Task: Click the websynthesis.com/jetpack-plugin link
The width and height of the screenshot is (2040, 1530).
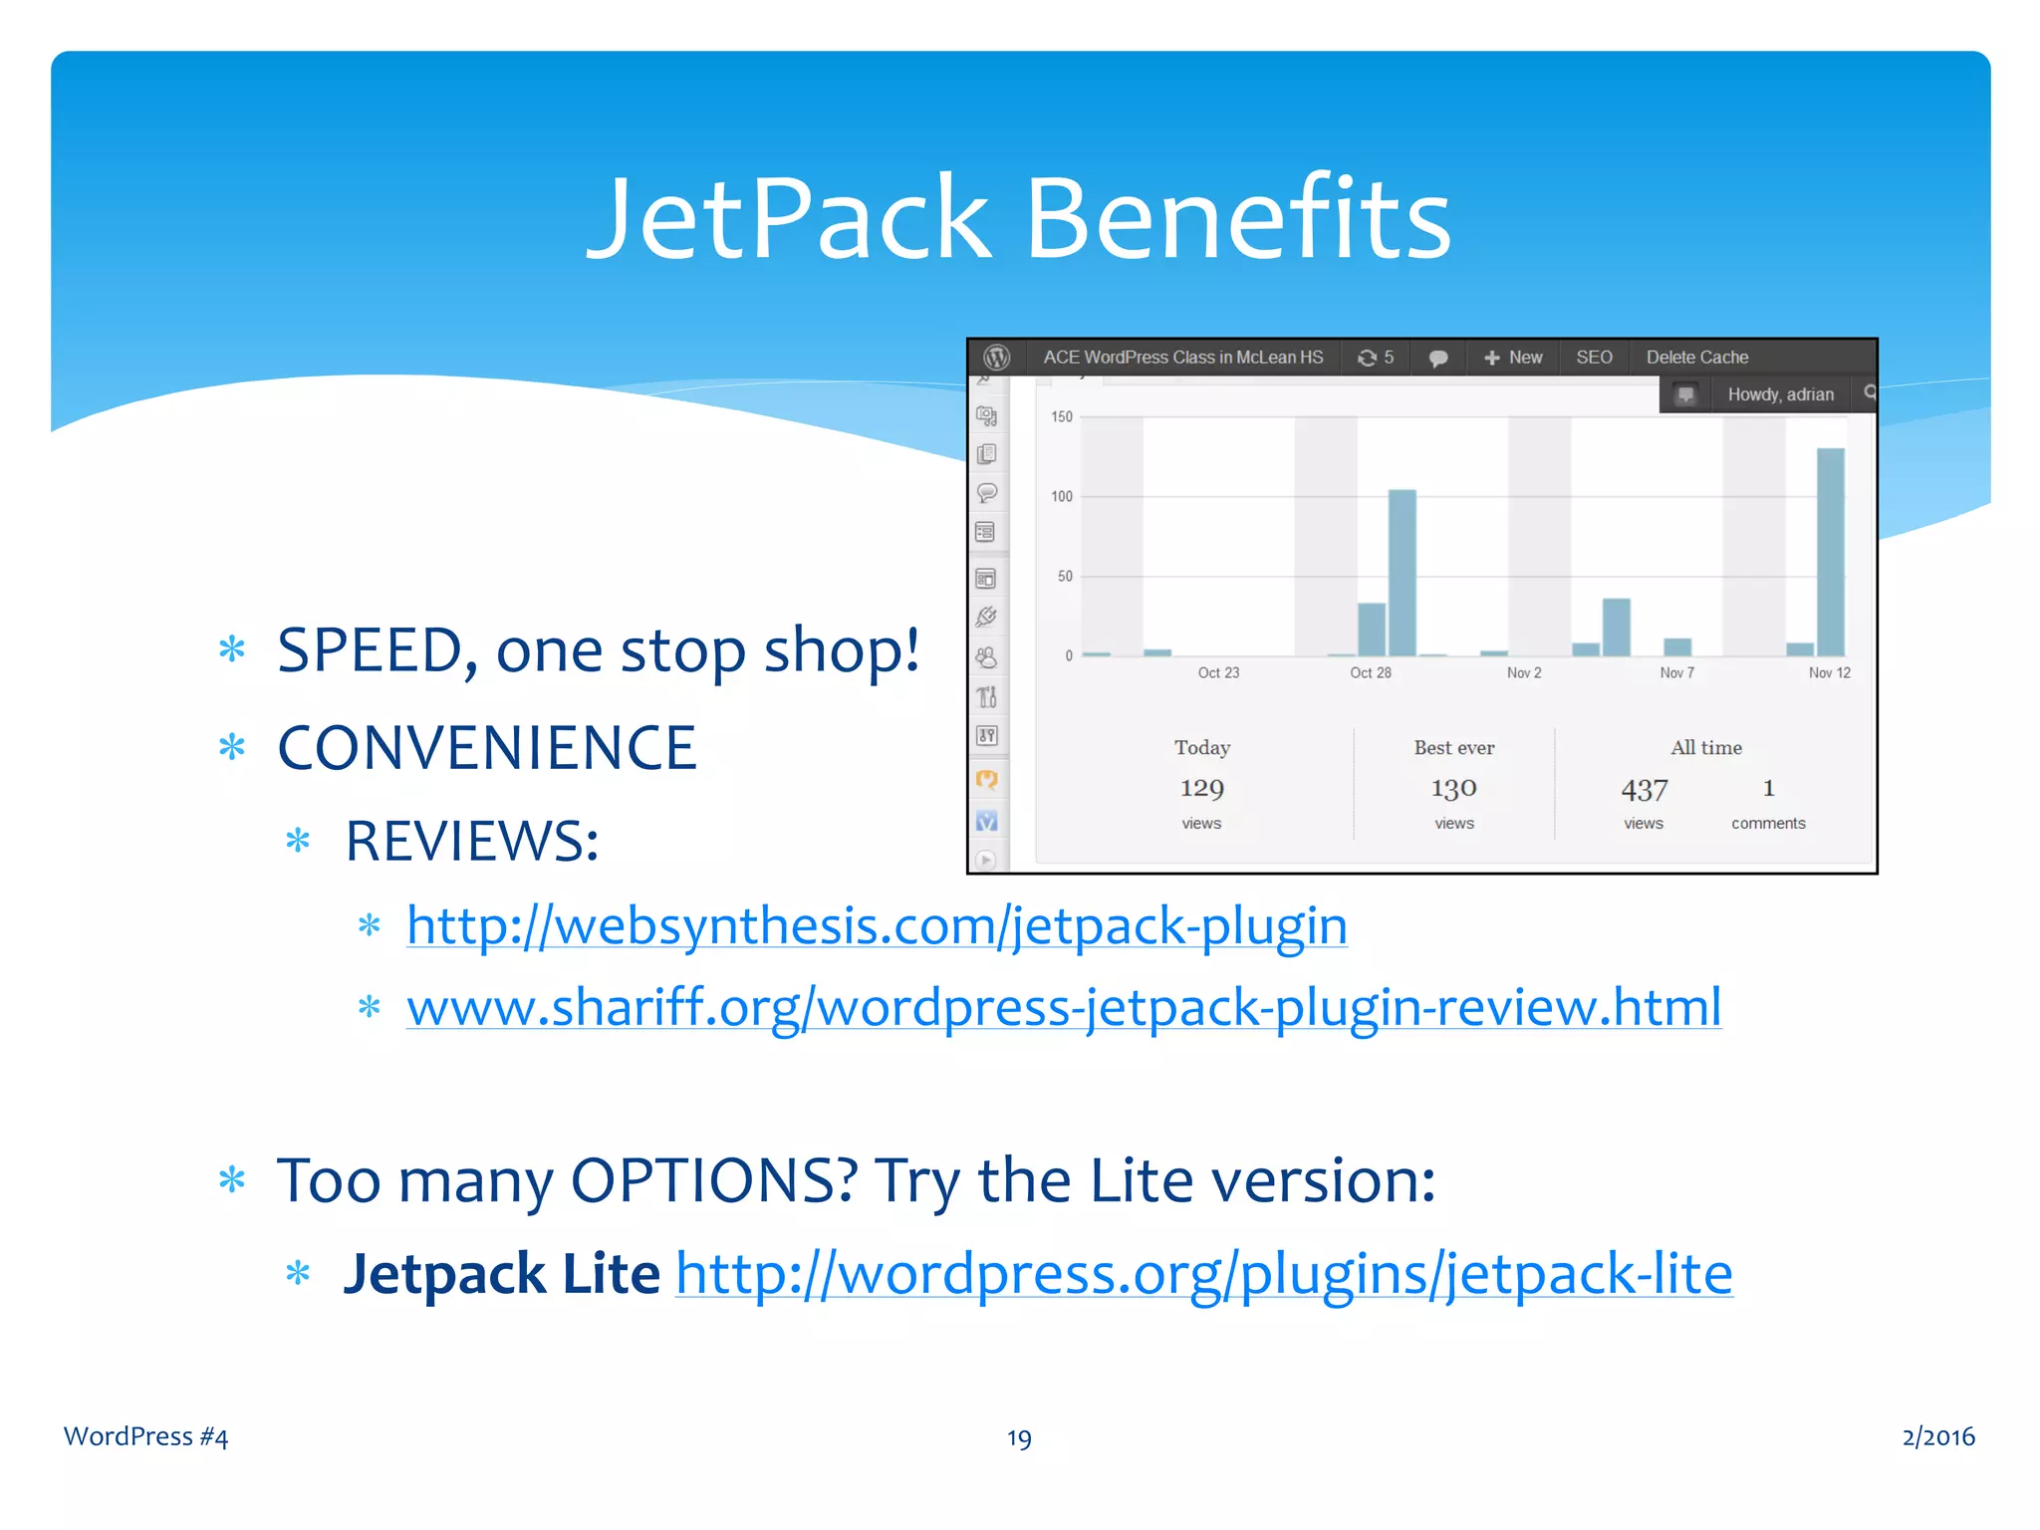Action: pyautogui.click(x=877, y=926)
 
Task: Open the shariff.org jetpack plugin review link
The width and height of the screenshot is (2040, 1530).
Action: pyautogui.click(x=1064, y=1007)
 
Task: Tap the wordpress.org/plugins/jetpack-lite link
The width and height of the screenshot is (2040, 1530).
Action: pyautogui.click(x=1204, y=1274)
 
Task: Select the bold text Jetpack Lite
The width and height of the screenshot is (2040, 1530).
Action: pyautogui.click(x=501, y=1274)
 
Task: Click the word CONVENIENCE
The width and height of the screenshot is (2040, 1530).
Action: pyautogui.click(x=486, y=748)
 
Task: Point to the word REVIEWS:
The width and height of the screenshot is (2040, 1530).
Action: pyautogui.click(x=471, y=842)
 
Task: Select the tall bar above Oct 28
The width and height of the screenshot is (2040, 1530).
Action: pyautogui.click(x=1402, y=572)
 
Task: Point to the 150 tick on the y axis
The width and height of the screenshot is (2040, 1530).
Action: pyautogui.click(x=1062, y=417)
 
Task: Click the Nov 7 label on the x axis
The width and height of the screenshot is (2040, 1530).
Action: pyautogui.click(x=1676, y=673)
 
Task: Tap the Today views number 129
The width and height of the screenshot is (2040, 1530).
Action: pyautogui.click(x=1201, y=789)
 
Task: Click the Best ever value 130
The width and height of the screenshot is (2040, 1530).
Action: pyautogui.click(x=1453, y=789)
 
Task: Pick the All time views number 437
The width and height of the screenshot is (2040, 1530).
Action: pyautogui.click(x=1644, y=790)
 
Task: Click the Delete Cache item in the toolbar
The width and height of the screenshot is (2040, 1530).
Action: pyautogui.click(x=1696, y=358)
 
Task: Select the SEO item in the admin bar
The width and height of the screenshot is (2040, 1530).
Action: pyautogui.click(x=1594, y=358)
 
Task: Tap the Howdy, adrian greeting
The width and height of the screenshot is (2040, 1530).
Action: pyautogui.click(x=1780, y=394)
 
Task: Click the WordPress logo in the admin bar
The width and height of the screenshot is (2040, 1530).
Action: pyautogui.click(x=997, y=358)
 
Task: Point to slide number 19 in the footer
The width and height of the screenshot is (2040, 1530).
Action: pyautogui.click(x=1019, y=1438)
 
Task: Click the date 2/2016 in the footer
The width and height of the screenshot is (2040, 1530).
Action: pyautogui.click(x=1937, y=1436)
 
